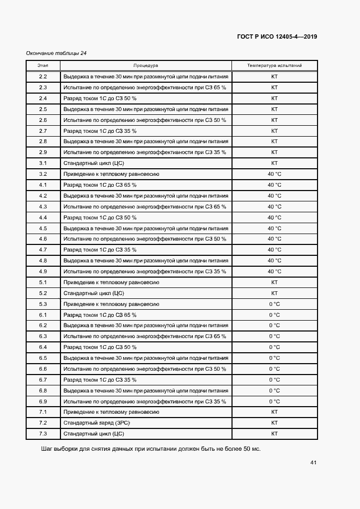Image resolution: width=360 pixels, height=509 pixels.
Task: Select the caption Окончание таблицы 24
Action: [57, 53]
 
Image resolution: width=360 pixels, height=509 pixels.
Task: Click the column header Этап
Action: [43, 65]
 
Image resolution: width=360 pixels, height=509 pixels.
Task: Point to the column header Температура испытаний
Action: [274, 65]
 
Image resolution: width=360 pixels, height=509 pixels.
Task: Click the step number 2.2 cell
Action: [43, 77]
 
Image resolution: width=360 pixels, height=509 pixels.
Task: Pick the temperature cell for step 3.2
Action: [274, 174]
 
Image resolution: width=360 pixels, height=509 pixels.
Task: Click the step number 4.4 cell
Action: [43, 217]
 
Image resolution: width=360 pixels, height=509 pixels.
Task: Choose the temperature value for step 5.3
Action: [274, 304]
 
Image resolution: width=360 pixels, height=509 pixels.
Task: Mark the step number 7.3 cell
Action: [43, 434]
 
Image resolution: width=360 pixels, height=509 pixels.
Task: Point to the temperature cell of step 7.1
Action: [274, 412]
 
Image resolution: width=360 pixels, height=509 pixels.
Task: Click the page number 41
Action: [313, 463]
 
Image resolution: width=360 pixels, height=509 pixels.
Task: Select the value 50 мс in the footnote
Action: [252, 449]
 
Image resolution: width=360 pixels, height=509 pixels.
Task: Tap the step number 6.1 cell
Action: [43, 315]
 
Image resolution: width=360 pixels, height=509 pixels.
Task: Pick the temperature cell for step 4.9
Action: [274, 271]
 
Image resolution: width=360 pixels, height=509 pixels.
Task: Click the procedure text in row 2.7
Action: [100, 131]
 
